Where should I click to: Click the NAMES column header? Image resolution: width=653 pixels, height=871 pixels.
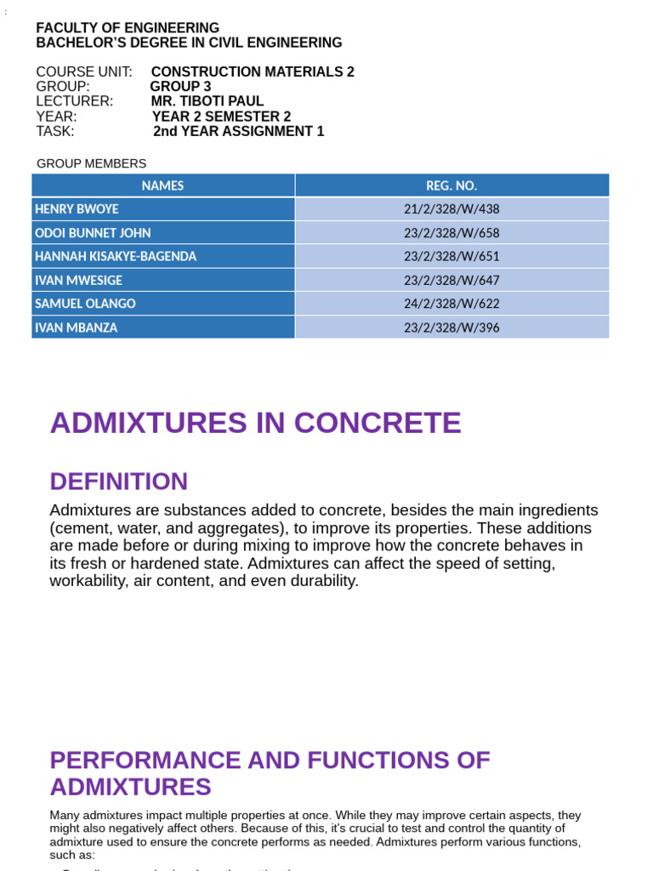coord(162,185)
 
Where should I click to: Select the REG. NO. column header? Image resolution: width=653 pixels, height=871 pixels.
coord(451,185)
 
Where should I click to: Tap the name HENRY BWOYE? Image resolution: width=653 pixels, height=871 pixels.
coord(77,209)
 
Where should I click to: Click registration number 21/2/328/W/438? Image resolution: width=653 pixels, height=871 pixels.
coord(451,209)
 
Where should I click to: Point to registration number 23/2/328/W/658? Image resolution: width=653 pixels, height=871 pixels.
coord(451,233)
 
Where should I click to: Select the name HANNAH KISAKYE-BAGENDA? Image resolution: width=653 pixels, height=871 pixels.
coord(116,256)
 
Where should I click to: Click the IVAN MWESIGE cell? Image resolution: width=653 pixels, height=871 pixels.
coord(78,280)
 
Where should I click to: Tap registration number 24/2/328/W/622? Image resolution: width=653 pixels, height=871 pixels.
coord(451,304)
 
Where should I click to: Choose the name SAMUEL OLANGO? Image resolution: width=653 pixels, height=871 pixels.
coord(85,304)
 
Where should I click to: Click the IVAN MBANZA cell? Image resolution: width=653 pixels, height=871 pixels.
coord(77,327)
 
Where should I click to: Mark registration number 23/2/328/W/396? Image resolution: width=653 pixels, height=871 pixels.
coord(451,327)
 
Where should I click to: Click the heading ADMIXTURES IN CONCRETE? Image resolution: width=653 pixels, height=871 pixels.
coord(255,423)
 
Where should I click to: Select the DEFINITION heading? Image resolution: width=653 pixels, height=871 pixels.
coord(118,481)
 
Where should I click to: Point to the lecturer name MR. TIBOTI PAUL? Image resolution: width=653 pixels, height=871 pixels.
coord(207,101)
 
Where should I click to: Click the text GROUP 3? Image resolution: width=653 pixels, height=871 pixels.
coord(180,87)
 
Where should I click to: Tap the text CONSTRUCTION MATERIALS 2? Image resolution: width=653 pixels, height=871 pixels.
coord(253,72)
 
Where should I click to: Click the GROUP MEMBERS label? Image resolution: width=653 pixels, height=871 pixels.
coord(92,163)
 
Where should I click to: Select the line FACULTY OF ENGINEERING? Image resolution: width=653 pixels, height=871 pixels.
coord(128,28)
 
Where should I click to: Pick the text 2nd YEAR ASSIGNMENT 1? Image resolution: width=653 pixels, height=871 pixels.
coord(239,131)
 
